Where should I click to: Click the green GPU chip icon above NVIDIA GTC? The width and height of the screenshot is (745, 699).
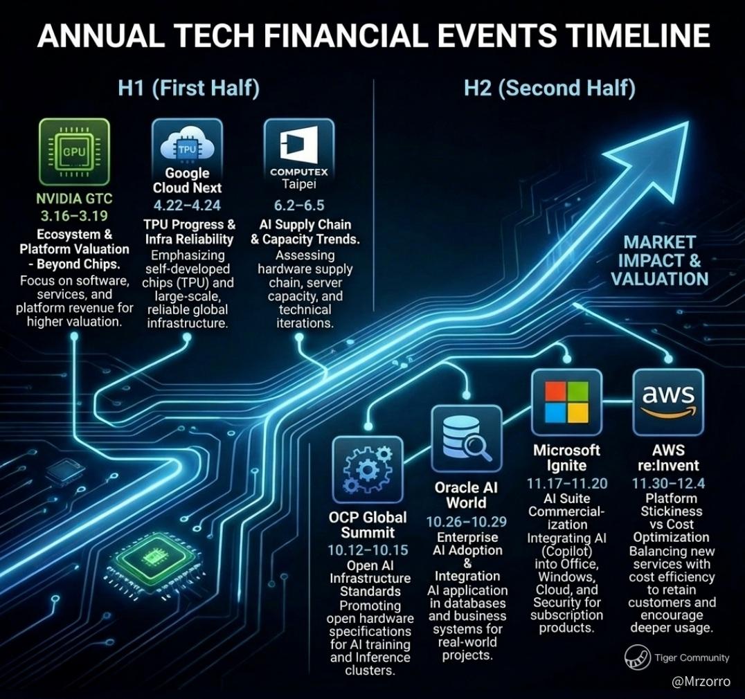pos(74,152)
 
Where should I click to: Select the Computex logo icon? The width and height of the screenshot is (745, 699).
pos(299,143)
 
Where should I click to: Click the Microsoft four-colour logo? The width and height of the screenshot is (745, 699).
pos(566,402)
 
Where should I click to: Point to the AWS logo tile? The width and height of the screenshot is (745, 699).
pos(669,403)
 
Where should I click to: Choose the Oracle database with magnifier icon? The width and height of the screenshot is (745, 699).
pos(466,439)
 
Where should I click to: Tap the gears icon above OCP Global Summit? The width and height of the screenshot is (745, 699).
pos(368,470)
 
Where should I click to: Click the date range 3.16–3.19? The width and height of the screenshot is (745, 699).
pos(74,216)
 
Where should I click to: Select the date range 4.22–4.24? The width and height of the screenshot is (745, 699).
pos(187,205)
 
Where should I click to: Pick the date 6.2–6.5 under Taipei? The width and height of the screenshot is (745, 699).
pos(299,205)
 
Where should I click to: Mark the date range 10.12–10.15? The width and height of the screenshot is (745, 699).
pos(368,550)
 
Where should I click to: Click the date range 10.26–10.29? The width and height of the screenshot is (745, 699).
pos(467,522)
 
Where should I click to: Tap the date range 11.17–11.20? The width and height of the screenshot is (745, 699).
pos(567,484)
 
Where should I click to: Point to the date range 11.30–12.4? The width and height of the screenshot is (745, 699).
pos(669,484)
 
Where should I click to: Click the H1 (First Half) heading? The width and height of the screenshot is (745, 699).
pos(188,89)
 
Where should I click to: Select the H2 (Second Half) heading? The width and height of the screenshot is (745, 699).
pos(549,89)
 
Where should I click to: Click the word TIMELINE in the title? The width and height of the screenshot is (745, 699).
pos(638,35)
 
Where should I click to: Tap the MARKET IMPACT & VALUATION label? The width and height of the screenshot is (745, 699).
pos(659,261)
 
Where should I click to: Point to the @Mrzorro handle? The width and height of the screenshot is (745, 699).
pos(701,682)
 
